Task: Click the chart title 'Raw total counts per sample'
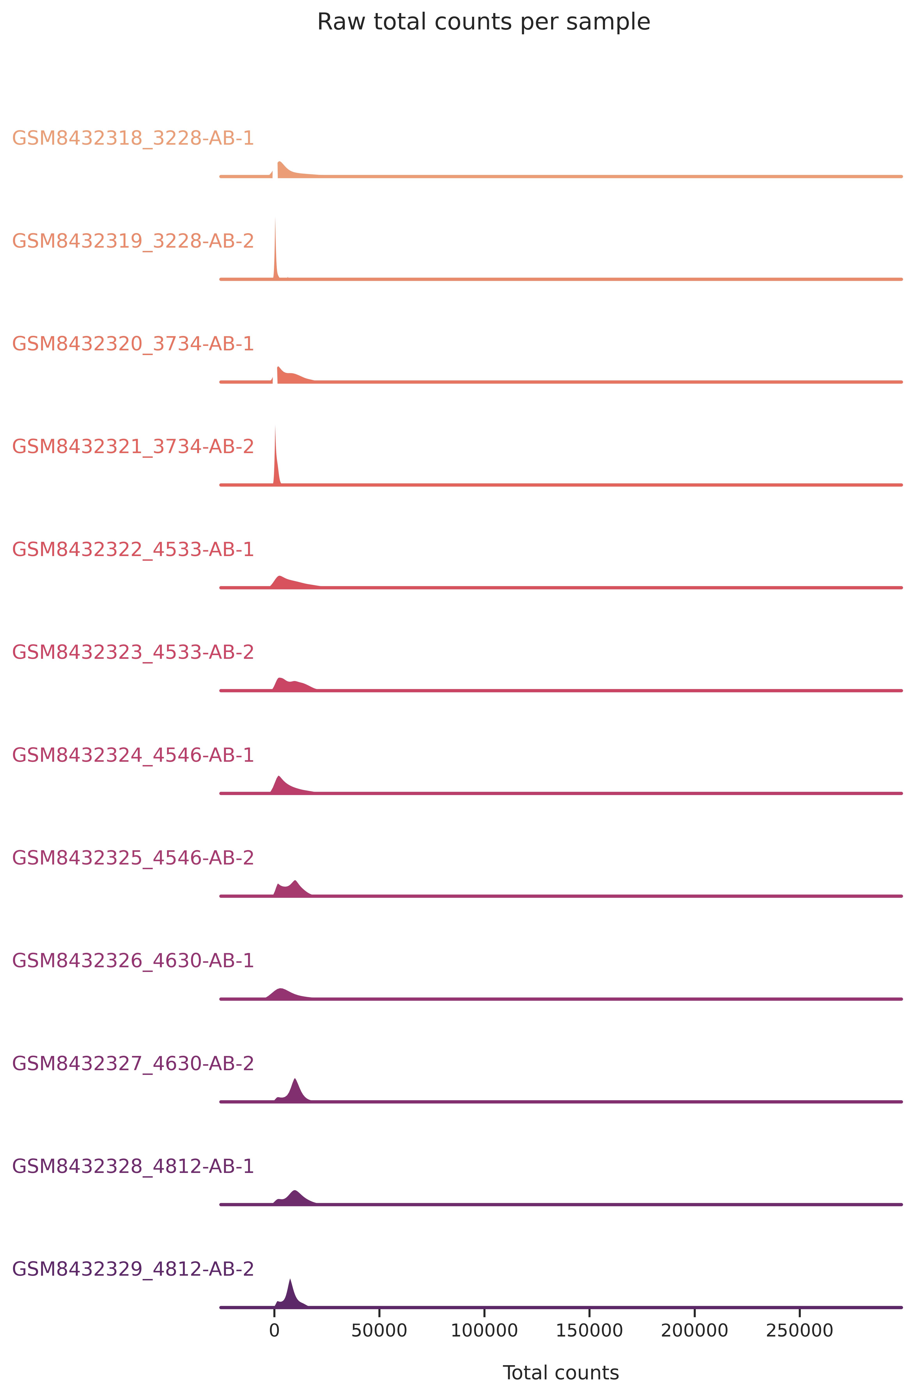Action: (483, 22)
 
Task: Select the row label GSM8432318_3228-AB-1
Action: (133, 138)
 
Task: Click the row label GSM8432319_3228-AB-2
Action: (133, 241)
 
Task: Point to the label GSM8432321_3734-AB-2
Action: (133, 447)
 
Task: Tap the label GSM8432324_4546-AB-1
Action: (133, 755)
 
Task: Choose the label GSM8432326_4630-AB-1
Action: (133, 961)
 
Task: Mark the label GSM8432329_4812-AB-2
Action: (133, 1269)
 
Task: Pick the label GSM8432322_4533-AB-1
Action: (133, 549)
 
